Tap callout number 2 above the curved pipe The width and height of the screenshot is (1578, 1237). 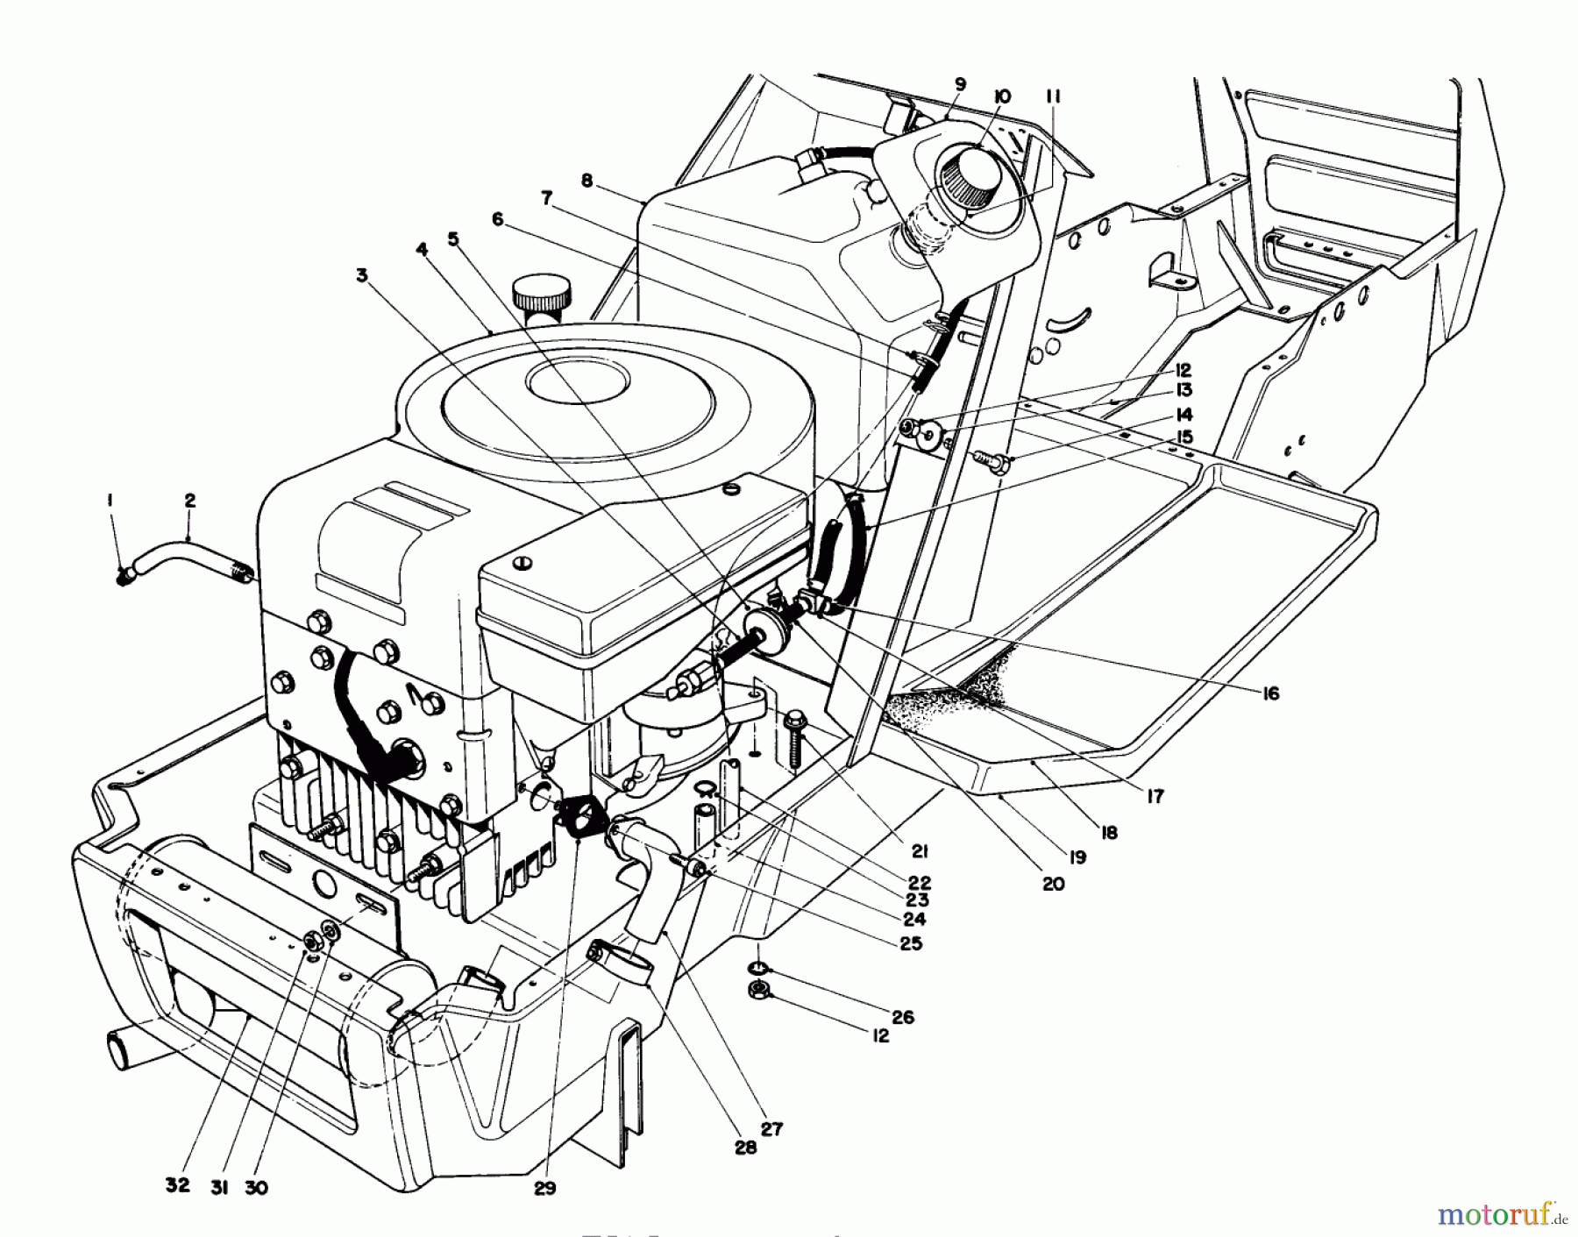point(190,501)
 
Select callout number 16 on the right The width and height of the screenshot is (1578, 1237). point(1270,693)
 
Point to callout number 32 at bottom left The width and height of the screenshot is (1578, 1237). point(177,1184)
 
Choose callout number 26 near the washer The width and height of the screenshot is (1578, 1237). point(902,1017)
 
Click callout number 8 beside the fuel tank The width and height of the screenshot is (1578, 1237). point(586,181)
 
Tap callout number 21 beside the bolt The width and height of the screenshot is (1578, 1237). point(919,850)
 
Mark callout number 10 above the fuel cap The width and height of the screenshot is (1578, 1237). point(1002,96)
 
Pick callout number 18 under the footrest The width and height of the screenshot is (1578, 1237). point(1109,832)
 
